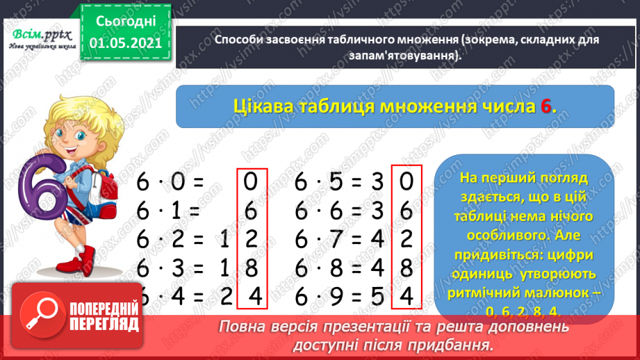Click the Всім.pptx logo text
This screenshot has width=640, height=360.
pyautogui.click(x=35, y=34)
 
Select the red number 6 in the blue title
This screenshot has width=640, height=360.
pyautogui.click(x=547, y=106)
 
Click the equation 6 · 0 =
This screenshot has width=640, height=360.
pyautogui.click(x=170, y=182)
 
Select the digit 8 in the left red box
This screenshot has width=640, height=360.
pyautogui.click(x=252, y=268)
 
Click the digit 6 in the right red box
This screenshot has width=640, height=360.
pyautogui.click(x=407, y=211)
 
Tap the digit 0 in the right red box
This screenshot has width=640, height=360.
pyautogui.click(x=407, y=182)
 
